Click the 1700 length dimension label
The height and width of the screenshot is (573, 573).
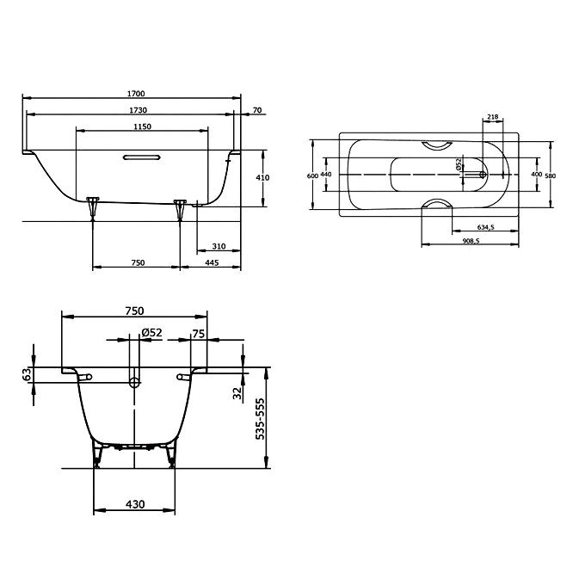tap(136, 94)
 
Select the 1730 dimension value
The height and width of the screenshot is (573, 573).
tap(139, 110)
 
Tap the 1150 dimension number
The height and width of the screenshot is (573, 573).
tap(142, 126)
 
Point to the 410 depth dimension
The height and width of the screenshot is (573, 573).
tap(262, 177)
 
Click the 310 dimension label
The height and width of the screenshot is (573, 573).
tap(219, 246)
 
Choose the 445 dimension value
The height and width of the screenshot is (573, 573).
tap(212, 262)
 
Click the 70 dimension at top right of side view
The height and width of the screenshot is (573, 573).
tap(257, 110)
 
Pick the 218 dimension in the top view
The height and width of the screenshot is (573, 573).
tap(493, 117)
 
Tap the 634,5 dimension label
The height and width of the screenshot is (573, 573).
tap(485, 227)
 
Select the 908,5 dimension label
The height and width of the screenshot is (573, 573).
tap(471, 241)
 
